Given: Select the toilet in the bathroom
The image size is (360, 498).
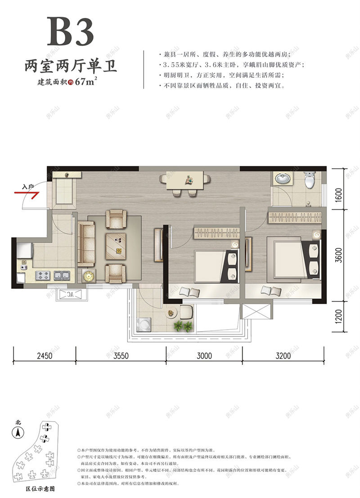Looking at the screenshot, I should [310, 180].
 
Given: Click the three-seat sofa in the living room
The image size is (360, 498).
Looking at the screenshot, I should [86, 243].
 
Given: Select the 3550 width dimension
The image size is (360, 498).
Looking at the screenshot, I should [121, 355].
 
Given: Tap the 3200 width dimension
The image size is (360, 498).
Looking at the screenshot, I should [283, 355].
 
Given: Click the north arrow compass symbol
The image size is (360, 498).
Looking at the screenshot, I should [18, 432].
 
